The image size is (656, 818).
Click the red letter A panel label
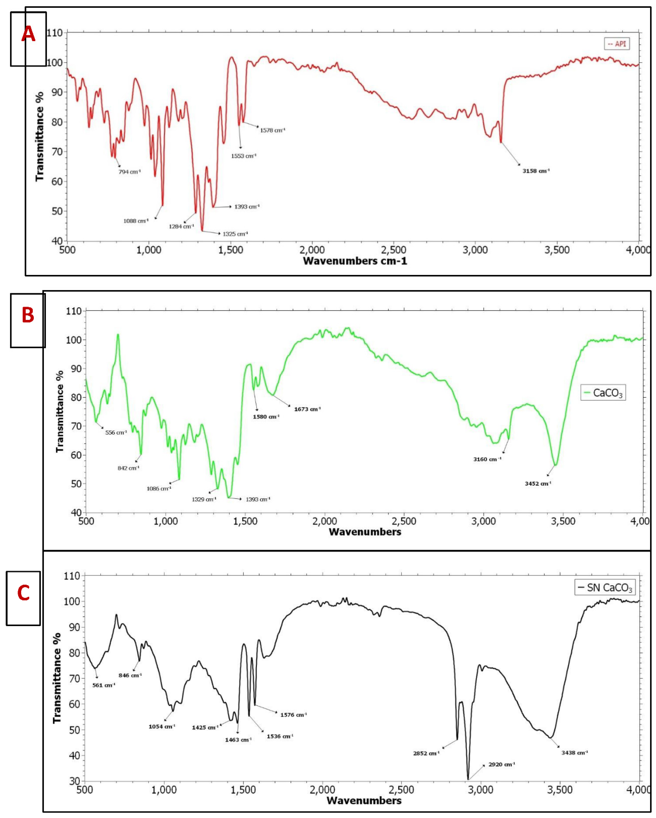point(28,35)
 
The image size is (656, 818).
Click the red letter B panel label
point(28,315)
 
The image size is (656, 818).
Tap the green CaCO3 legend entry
point(603,393)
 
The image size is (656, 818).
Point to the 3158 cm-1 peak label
point(536,171)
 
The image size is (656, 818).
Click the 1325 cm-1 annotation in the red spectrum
point(235,234)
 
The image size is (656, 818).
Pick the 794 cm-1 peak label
point(129,172)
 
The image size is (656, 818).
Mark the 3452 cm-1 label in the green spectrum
point(538,484)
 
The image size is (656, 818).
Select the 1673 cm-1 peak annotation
point(307,409)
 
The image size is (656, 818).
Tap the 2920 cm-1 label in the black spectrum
point(501,765)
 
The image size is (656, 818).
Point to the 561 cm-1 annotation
point(104,685)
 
